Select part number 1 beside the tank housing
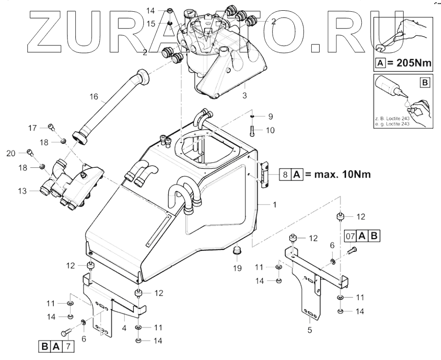(275, 204)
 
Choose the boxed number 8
(285, 174)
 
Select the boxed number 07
(349, 236)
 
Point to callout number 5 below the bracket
(309, 330)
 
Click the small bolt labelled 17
(51, 128)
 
